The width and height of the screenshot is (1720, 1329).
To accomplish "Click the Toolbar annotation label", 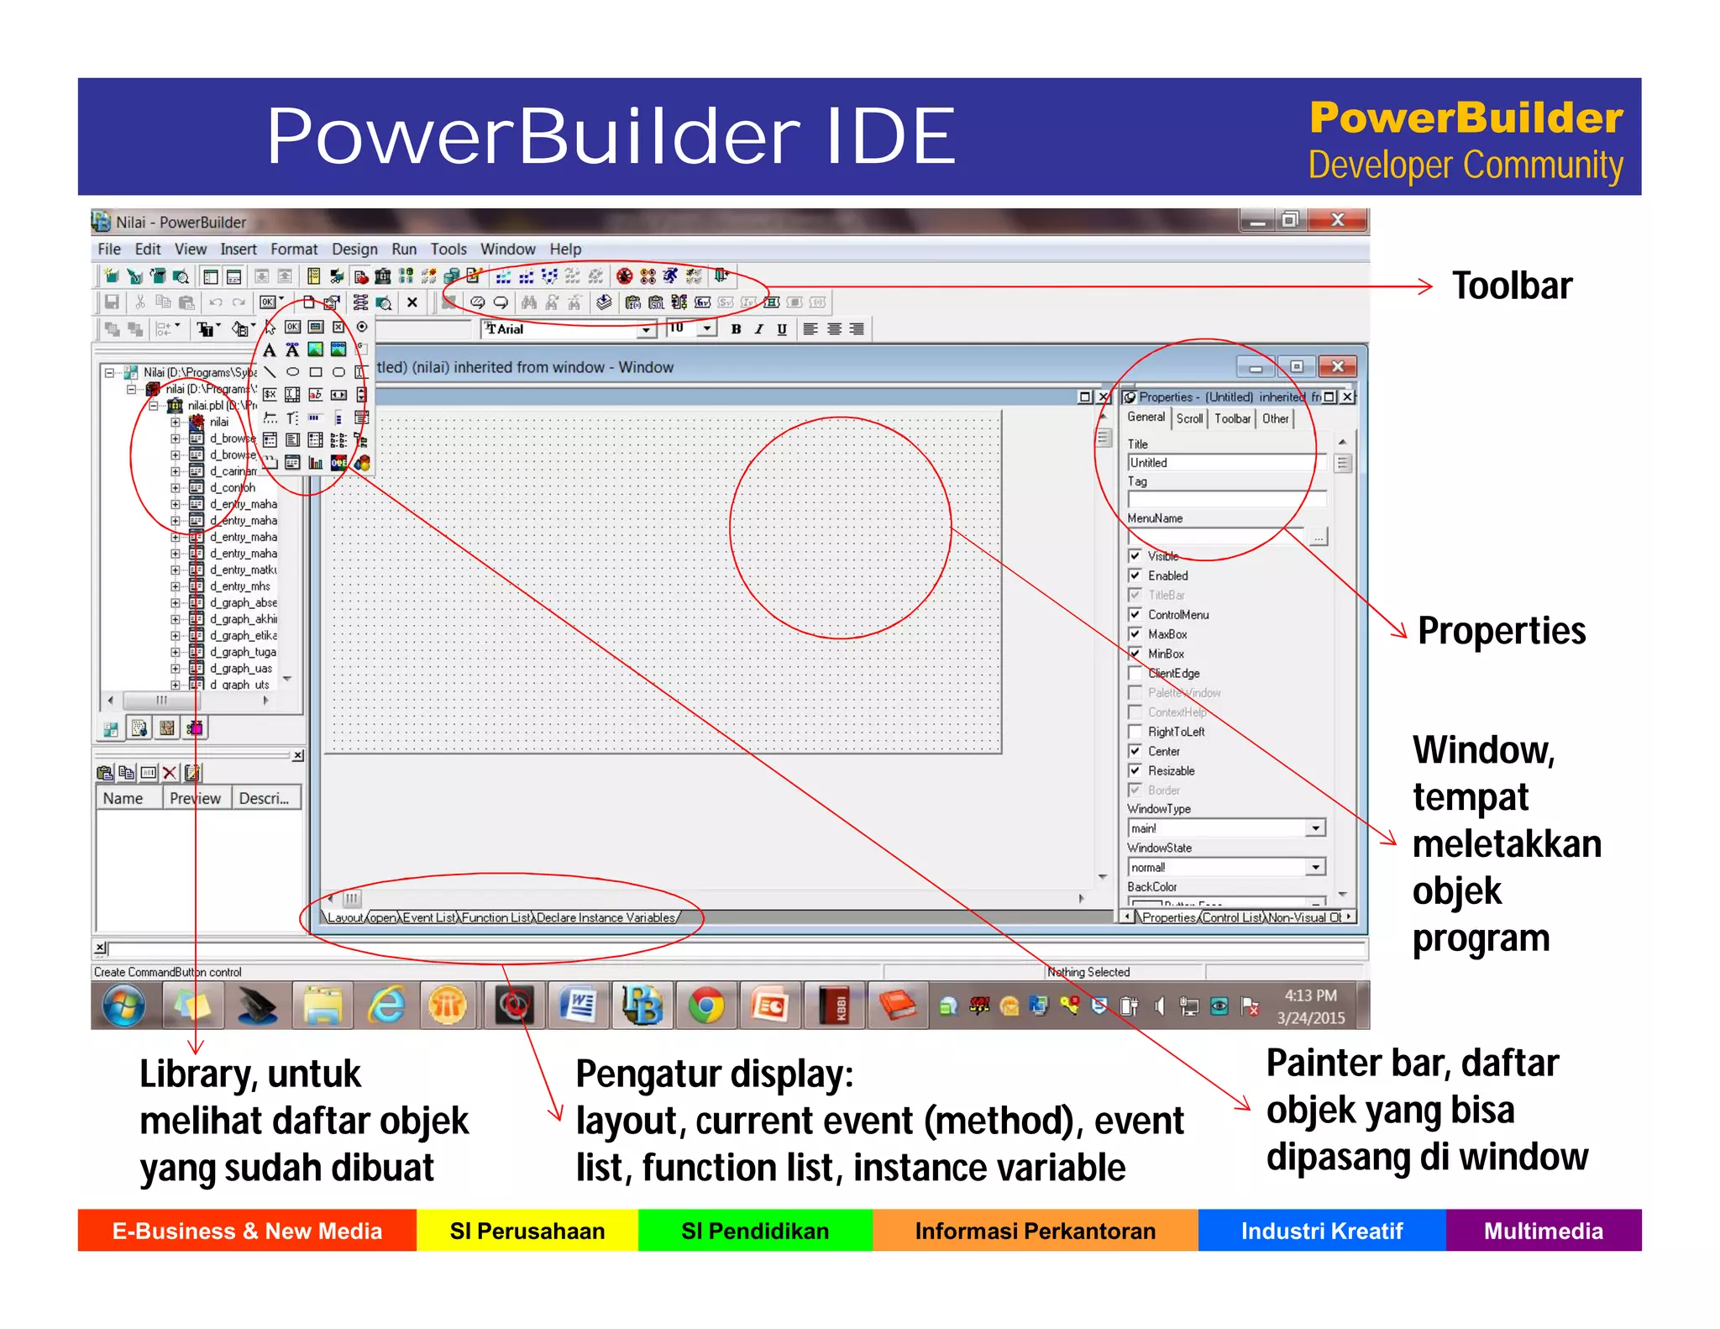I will pyautogui.click(x=1512, y=286).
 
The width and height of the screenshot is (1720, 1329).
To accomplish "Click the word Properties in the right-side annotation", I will pyautogui.click(x=1501, y=630).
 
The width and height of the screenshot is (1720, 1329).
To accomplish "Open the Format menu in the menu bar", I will pyautogui.click(x=294, y=250).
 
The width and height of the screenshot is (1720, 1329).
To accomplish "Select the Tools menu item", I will pyautogui.click(x=448, y=250).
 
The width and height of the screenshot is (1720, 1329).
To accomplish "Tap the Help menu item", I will pyautogui.click(x=565, y=250).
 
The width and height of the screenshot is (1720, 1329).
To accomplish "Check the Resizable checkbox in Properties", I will pyautogui.click(x=1135, y=770).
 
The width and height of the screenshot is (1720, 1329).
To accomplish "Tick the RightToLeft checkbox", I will pyautogui.click(x=1135, y=732).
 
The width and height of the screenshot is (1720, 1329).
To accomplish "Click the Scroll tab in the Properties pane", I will pyautogui.click(x=1189, y=418).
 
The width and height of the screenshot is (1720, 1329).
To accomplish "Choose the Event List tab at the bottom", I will pyautogui.click(x=429, y=917).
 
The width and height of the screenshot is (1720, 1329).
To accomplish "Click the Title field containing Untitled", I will pyautogui.click(x=1222, y=463).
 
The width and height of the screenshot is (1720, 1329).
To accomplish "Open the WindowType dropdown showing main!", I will pyautogui.click(x=1316, y=828).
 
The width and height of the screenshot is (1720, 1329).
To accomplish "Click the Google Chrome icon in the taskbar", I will pyautogui.click(x=706, y=1006).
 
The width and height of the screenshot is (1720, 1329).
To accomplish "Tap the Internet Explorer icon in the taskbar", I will pyautogui.click(x=386, y=1006).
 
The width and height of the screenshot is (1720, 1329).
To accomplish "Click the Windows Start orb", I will pyautogui.click(x=123, y=1006).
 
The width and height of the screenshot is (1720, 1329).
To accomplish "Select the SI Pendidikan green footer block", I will pyautogui.click(x=754, y=1231).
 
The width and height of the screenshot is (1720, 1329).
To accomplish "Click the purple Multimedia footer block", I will pyautogui.click(x=1543, y=1231).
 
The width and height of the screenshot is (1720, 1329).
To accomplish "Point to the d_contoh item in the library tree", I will pyautogui.click(x=232, y=487).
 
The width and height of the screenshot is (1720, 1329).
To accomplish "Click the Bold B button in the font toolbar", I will pyautogui.click(x=736, y=329).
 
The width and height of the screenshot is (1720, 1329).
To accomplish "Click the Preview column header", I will pyautogui.click(x=195, y=798).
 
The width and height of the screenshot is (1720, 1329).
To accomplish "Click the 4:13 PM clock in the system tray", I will pyautogui.click(x=1310, y=995).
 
